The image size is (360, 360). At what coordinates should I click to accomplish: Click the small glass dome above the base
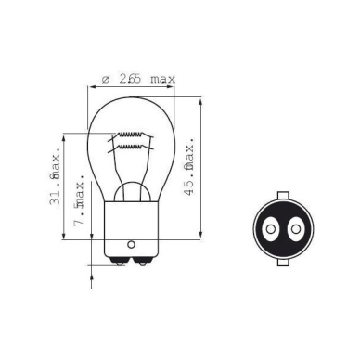pos(131,191)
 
